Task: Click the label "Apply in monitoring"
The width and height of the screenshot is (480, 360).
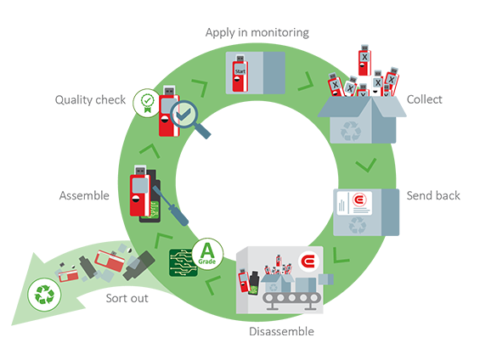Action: click(257, 32)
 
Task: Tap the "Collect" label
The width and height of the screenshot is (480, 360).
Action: click(425, 99)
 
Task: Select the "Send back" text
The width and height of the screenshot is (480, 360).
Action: click(433, 195)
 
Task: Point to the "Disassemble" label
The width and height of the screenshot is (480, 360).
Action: click(282, 331)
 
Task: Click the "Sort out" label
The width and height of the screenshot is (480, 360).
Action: click(129, 299)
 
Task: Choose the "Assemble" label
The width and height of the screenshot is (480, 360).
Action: click(84, 196)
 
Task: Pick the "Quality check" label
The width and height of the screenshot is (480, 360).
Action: click(91, 100)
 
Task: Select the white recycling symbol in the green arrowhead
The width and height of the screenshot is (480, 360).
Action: click(42, 295)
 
